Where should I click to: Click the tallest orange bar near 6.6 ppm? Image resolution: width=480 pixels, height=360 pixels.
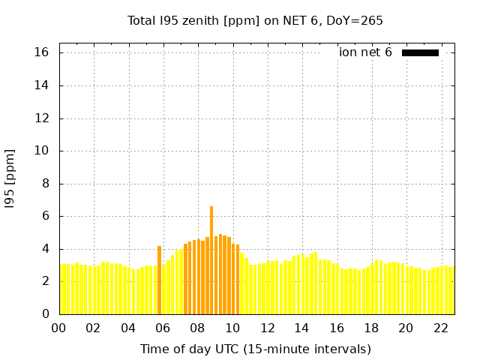(x=211, y=259)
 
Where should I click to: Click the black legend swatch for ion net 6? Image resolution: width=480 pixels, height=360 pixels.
(x=420, y=52)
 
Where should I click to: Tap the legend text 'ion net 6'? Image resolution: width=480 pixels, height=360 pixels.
(x=365, y=52)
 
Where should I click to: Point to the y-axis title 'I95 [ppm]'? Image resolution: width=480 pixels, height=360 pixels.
(x=10, y=178)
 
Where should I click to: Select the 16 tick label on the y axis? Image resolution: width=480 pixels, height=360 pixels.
(x=41, y=52)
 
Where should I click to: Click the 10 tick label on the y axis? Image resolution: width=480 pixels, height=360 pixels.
(x=41, y=151)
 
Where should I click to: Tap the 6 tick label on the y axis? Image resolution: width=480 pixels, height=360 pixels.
(x=45, y=216)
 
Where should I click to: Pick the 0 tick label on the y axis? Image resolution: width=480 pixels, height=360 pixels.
(x=45, y=314)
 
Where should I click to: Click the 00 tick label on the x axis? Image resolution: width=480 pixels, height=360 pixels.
(x=58, y=328)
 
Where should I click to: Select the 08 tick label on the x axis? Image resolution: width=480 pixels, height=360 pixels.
(x=197, y=328)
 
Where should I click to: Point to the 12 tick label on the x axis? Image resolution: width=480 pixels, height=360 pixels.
(x=267, y=328)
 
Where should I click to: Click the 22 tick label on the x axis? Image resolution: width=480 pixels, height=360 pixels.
(x=440, y=328)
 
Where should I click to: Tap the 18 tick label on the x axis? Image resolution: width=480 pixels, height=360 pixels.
(x=371, y=328)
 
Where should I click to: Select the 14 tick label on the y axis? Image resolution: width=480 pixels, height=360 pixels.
(x=41, y=85)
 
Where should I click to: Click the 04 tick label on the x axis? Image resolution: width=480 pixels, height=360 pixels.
(x=128, y=328)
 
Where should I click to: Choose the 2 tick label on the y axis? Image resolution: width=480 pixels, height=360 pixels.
(x=45, y=281)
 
